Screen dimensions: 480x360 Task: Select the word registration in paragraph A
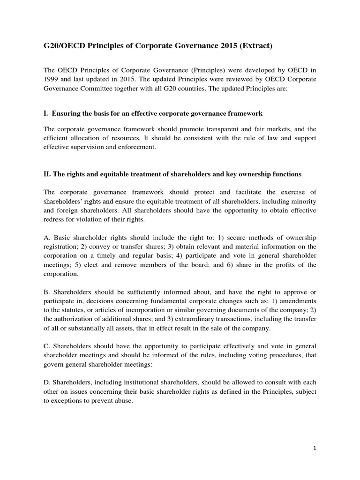[61, 247]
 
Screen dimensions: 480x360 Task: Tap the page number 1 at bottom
[315, 448]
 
